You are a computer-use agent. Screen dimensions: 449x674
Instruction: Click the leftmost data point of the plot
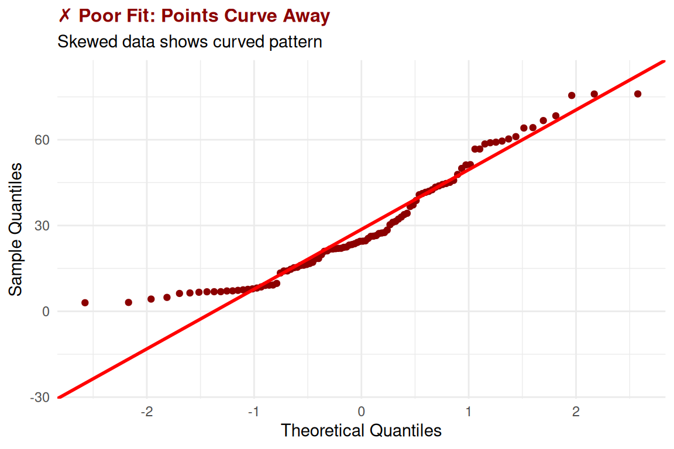tap(85, 303)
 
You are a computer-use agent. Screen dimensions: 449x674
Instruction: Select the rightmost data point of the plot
tap(638, 94)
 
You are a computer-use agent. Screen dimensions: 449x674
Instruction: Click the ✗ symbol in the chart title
tap(64, 16)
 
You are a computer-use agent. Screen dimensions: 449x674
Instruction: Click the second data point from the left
tap(129, 302)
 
